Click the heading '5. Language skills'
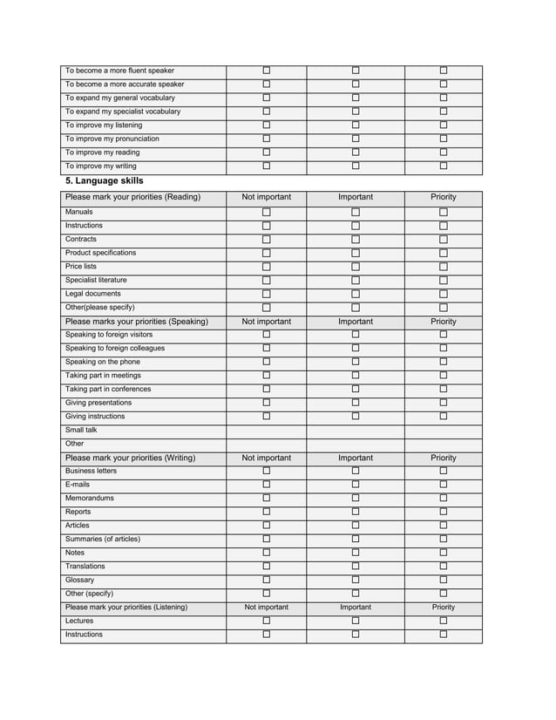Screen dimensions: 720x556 [105, 180]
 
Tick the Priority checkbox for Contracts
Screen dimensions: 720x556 [443, 240]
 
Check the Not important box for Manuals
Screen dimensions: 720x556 [267, 212]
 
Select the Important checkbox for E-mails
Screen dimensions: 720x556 [356, 485]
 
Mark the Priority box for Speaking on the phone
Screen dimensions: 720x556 [443, 362]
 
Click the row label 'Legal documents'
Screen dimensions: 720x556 [93, 294]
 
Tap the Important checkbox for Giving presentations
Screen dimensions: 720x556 [356, 403]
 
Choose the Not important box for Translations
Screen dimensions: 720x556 [267, 567]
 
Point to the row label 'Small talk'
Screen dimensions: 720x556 [81, 430]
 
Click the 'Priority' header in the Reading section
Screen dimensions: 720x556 [443, 197]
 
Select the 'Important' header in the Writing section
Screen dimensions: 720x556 [356, 458]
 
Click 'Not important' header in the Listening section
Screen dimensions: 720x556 [267, 608]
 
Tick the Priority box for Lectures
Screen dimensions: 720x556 [443, 621]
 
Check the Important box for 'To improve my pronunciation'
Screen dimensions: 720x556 [356, 139]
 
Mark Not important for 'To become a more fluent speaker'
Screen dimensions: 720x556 [267, 71]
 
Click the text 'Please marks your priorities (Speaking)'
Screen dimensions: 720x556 [137, 322]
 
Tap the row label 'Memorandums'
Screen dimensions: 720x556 [90, 499]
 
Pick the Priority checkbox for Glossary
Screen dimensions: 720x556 [443, 580]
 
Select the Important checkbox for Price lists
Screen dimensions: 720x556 [356, 267]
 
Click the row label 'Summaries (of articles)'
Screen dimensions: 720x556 [103, 539]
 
